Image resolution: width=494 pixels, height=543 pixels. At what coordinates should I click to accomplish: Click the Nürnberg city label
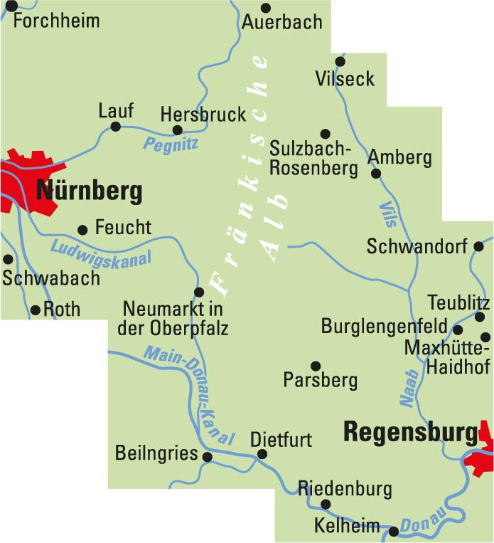[x=89, y=191]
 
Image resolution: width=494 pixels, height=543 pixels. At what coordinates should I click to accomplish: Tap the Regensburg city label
[x=410, y=432]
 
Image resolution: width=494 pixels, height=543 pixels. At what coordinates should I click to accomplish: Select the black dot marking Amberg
[x=376, y=173]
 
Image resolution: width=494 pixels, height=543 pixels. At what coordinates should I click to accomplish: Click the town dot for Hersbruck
[x=178, y=130]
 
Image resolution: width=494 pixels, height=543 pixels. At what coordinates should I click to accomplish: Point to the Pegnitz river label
[x=171, y=144]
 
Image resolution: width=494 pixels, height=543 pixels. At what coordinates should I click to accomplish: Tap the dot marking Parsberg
[x=315, y=364]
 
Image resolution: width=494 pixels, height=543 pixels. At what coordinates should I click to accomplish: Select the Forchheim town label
[x=56, y=20]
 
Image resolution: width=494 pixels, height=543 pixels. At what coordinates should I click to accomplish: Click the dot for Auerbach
[x=266, y=8]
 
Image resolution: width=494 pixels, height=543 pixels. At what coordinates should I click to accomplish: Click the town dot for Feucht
[x=82, y=229]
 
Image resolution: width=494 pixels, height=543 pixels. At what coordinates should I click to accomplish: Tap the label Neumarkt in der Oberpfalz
[x=173, y=319]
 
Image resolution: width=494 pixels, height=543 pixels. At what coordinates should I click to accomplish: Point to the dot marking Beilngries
[x=207, y=457]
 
